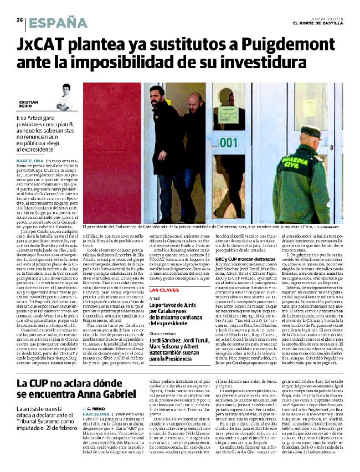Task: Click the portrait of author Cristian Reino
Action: (x=65, y=96)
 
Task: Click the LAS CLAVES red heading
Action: (x=164, y=305)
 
